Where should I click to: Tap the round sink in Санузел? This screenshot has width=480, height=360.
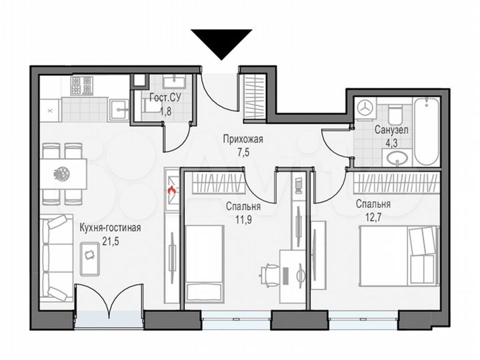(399, 158)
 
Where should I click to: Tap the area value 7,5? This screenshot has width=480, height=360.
(242, 151)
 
